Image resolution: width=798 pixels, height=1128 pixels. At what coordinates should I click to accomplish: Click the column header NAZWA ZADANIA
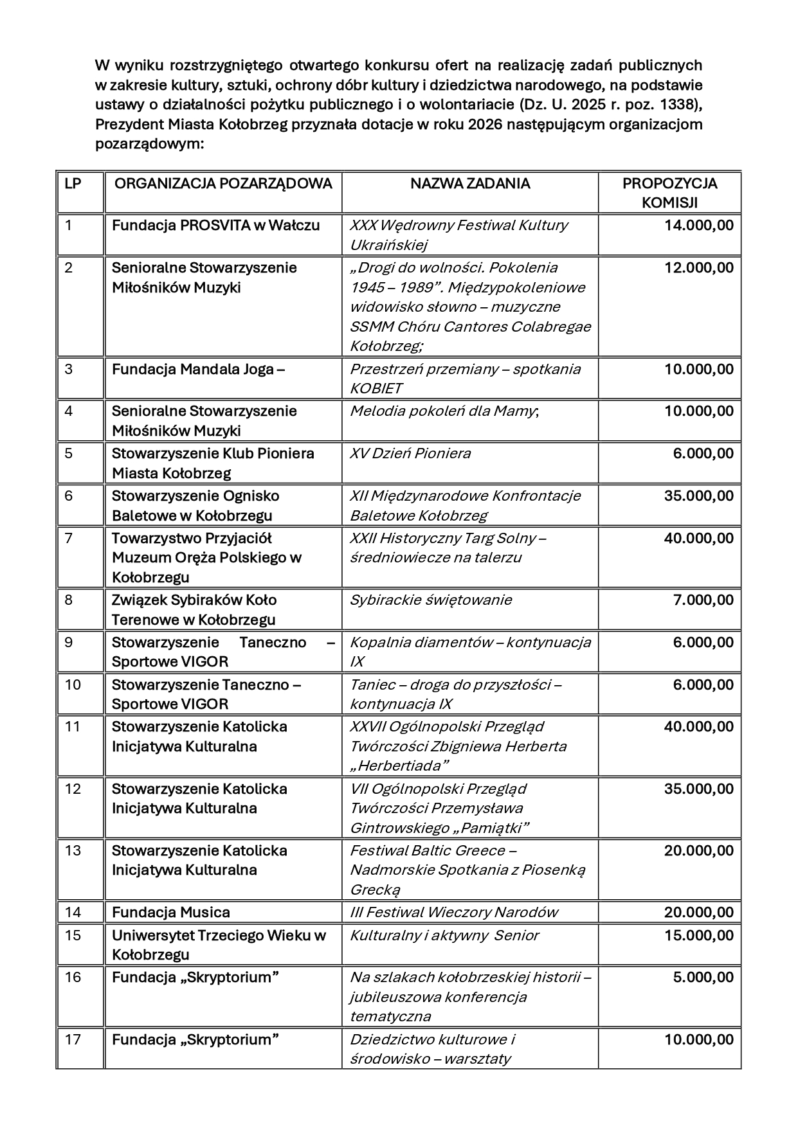point(470,184)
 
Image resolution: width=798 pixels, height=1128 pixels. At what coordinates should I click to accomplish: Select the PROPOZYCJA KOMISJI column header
point(669,193)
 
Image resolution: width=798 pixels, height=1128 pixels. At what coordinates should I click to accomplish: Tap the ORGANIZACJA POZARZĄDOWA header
point(222,184)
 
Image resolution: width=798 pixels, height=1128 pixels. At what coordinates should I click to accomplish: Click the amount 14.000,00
point(698,226)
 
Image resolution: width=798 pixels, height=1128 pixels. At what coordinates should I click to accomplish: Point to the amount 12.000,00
point(698,268)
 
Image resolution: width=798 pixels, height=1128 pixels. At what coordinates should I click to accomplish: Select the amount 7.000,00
point(703,600)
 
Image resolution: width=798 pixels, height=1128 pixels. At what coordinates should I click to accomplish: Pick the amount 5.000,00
point(703,978)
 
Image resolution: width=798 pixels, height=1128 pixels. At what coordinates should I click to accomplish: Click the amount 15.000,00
point(698,935)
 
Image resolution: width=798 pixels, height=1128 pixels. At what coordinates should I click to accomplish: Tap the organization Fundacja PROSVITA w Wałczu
point(215,226)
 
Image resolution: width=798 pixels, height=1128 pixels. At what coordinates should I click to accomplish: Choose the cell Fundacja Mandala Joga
point(193,370)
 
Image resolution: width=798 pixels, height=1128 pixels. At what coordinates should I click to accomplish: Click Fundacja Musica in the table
point(170,913)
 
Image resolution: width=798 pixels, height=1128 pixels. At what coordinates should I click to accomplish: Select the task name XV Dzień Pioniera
point(410,454)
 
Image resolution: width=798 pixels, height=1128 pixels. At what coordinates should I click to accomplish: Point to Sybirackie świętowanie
point(431,600)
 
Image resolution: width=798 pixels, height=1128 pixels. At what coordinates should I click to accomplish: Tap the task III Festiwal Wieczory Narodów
point(454,913)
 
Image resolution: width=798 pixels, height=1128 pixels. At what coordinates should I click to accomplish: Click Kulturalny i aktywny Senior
point(444,935)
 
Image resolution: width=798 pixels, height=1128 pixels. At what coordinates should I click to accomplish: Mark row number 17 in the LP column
point(73,1039)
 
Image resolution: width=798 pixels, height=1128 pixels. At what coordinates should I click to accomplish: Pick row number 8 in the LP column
point(69,600)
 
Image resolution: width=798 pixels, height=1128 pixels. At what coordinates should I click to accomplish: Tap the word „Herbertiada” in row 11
point(399,765)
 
